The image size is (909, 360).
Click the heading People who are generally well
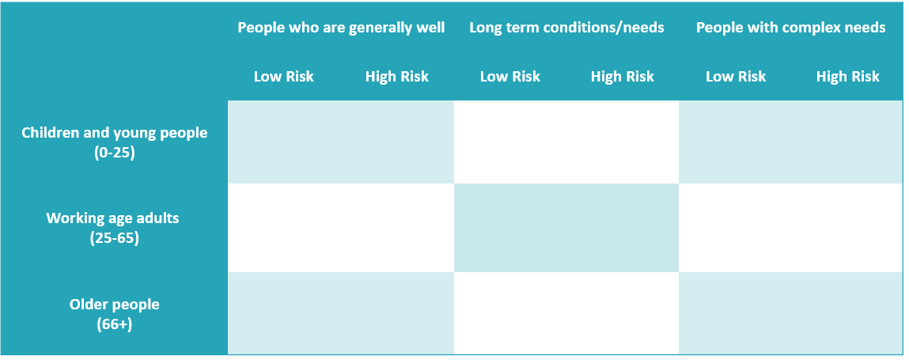tap(341, 28)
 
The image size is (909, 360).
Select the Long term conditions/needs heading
tap(566, 28)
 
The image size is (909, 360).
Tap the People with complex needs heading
tap(791, 28)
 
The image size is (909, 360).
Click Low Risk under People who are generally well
tap(283, 77)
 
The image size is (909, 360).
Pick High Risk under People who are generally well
tap(396, 77)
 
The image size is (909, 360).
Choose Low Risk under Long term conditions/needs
tap(510, 77)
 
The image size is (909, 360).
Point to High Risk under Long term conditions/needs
tap(622, 77)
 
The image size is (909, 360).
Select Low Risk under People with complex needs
tap(736, 77)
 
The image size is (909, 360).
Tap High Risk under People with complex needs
tap(847, 77)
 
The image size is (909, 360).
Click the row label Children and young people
tap(114, 133)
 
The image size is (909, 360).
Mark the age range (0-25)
tap(114, 153)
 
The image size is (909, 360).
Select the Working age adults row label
tap(112, 218)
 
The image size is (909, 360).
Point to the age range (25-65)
tap(114, 238)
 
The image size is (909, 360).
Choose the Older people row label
tap(114, 305)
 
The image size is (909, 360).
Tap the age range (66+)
tap(114, 324)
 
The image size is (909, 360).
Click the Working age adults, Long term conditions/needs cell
tap(566, 228)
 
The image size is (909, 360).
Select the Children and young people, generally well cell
tap(341, 142)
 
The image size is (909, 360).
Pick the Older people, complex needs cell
tap(791, 313)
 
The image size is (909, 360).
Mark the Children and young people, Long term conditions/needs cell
tap(566, 142)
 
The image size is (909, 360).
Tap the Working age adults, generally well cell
tap(341, 228)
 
